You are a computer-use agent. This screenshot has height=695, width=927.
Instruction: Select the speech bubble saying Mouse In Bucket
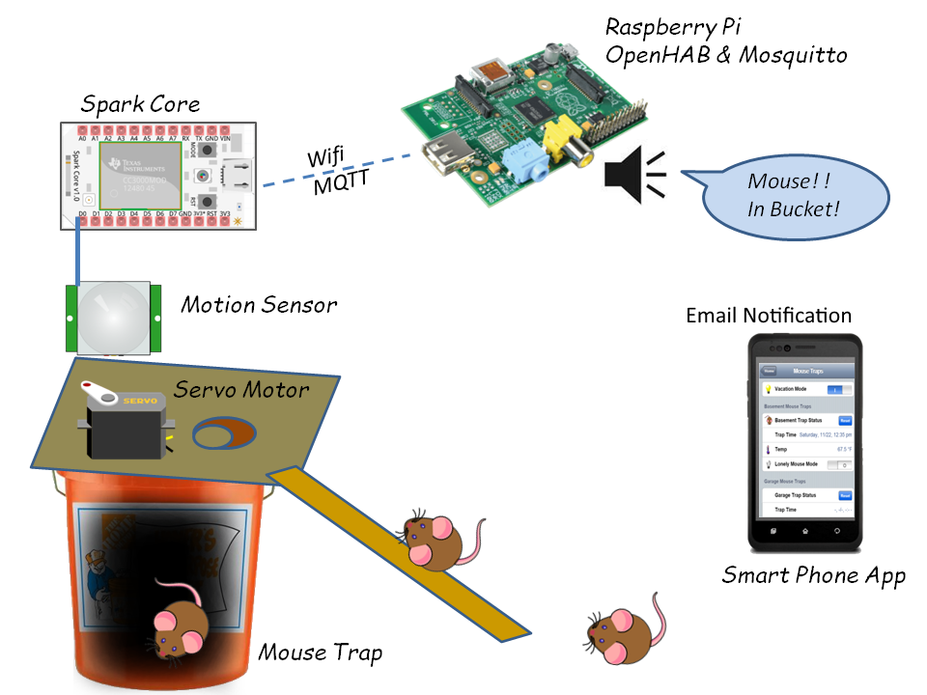(x=793, y=195)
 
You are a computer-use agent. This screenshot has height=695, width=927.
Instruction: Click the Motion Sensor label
(x=259, y=305)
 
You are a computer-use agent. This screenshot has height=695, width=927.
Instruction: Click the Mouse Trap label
(x=320, y=653)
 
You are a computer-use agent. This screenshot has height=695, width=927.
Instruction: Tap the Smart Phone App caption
(x=813, y=576)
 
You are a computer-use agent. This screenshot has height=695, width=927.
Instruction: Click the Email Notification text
(x=769, y=316)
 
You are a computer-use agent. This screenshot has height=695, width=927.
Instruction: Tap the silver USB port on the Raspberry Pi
(x=447, y=165)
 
